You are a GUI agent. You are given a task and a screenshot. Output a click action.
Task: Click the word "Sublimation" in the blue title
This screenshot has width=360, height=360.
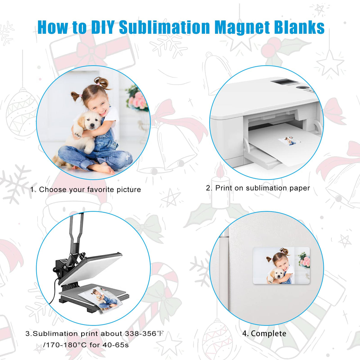(x=165, y=27)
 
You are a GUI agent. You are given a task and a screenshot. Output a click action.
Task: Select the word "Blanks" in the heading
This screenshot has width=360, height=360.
(x=299, y=27)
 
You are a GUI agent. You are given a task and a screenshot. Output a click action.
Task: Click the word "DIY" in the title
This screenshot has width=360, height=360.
(x=103, y=27)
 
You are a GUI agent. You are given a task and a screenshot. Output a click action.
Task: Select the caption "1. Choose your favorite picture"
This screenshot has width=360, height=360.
(x=85, y=189)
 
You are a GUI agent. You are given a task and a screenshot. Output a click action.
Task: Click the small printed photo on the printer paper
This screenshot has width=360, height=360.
(x=290, y=141)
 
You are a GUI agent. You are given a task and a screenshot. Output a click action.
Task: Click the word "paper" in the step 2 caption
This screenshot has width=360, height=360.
(x=300, y=188)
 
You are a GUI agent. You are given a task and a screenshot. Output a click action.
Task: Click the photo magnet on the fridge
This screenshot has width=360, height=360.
(x=281, y=265)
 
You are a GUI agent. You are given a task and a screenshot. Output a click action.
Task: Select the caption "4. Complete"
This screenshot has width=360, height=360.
(x=264, y=334)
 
